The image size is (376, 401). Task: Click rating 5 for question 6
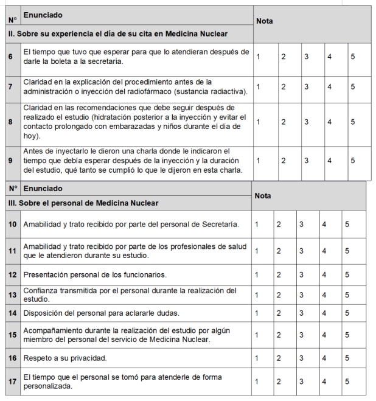[353, 57]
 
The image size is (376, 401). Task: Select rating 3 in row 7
[307, 86]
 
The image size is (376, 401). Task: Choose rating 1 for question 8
[259, 122]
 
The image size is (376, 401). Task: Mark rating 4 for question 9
[329, 161]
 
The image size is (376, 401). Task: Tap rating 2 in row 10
[279, 225]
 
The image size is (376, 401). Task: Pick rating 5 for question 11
[347, 251]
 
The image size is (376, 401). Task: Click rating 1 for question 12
[257, 274]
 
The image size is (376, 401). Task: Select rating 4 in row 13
[324, 295]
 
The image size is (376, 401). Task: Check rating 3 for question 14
[301, 313]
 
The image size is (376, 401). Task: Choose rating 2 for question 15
[279, 335]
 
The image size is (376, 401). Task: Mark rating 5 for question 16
[347, 358]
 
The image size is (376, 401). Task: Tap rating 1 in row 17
[257, 382]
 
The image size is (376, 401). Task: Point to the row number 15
[12, 335]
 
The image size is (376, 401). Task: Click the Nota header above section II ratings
[265, 21]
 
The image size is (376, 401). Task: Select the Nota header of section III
[263, 196]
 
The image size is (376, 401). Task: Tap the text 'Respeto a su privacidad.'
[65, 358]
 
